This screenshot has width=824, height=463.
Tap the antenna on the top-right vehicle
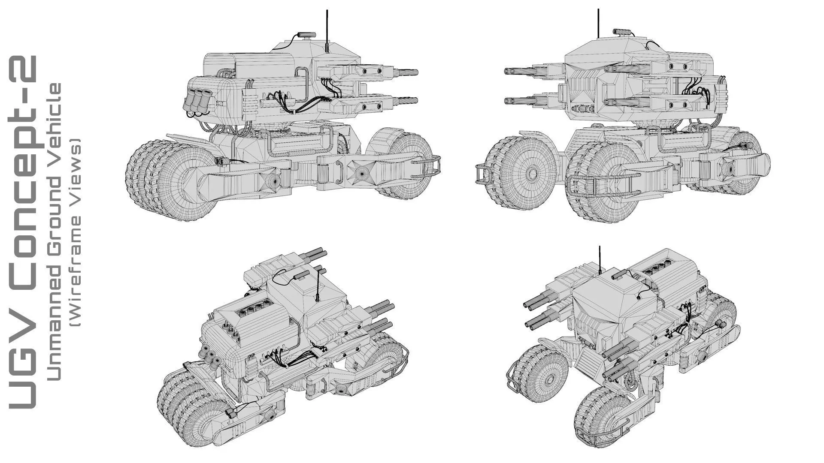[599, 24]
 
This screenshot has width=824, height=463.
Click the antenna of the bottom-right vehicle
[600, 259]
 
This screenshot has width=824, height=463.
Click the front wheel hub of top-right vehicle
[533, 174]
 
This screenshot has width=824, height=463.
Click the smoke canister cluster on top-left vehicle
[198, 101]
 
